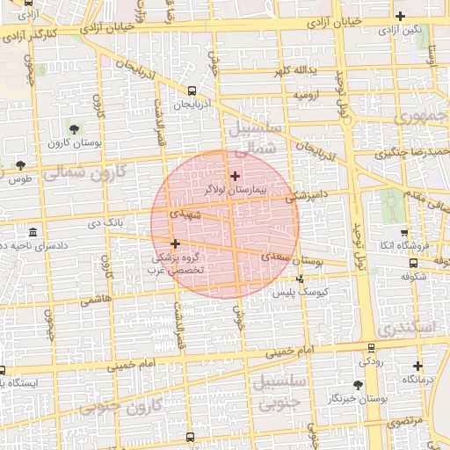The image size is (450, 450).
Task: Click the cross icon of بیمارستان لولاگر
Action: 235,176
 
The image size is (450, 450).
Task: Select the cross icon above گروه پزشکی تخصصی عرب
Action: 175,244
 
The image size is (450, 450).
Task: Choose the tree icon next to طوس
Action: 21,166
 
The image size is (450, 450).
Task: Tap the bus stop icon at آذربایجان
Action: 191,91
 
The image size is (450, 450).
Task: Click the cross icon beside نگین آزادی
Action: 401,16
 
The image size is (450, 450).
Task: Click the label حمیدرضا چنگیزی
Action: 412,151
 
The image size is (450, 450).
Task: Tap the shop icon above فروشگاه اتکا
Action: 403,234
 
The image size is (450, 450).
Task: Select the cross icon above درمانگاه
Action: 417,367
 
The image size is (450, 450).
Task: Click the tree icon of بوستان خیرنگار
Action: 358,385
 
